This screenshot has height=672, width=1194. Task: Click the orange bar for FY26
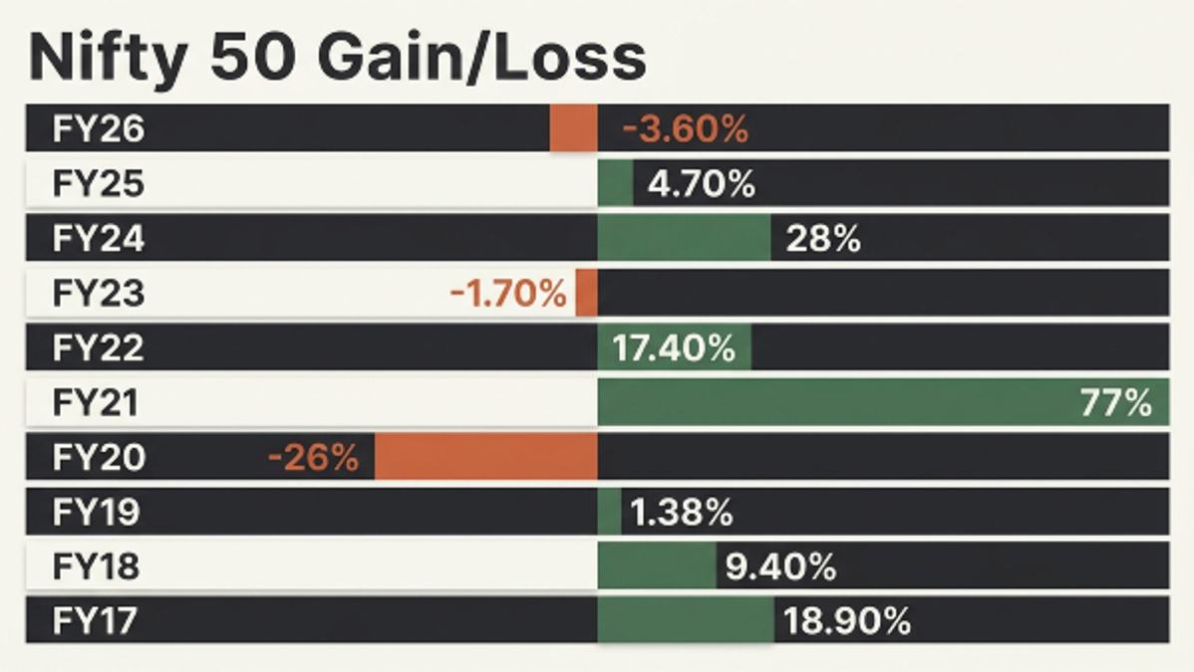point(573,127)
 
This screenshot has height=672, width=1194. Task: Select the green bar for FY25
point(615,183)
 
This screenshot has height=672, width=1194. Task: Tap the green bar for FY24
point(684,238)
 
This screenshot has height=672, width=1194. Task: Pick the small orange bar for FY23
point(586,293)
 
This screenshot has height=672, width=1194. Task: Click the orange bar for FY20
point(485,457)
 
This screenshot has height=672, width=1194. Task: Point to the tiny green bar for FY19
point(609,512)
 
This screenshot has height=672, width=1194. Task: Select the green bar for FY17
point(686,620)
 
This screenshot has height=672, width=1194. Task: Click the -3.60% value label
point(686,128)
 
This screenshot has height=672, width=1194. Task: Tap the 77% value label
point(1115,402)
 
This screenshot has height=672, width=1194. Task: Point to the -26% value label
point(313,457)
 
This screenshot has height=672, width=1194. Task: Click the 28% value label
point(823,239)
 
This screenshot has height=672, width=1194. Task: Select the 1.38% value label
point(682,512)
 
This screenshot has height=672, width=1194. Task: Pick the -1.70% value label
point(508,294)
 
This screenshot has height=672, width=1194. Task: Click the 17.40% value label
point(674,348)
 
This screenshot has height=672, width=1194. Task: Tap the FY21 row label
point(96,402)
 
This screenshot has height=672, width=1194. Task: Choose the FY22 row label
point(98,347)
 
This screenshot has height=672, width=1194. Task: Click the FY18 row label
point(96,566)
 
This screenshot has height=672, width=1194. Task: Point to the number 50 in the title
point(252,57)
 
